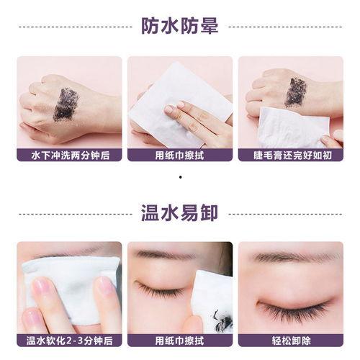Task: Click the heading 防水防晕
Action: coord(180,26)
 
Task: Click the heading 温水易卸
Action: coord(180,213)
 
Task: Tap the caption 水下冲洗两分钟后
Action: coord(71,156)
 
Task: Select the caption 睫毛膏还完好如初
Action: coord(292,156)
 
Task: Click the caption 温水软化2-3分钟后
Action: coord(69,341)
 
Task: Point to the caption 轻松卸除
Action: coord(291,341)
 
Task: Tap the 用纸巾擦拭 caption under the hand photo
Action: coord(180,156)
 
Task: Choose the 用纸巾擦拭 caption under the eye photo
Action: coord(180,341)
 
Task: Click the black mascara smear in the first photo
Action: coord(66,104)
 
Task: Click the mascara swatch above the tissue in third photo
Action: coord(296,92)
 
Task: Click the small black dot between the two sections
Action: coord(180,177)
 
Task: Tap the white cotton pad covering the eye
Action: coord(71,290)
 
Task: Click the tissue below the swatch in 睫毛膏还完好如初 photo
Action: coord(293,127)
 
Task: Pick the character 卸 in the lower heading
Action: coord(209,213)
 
